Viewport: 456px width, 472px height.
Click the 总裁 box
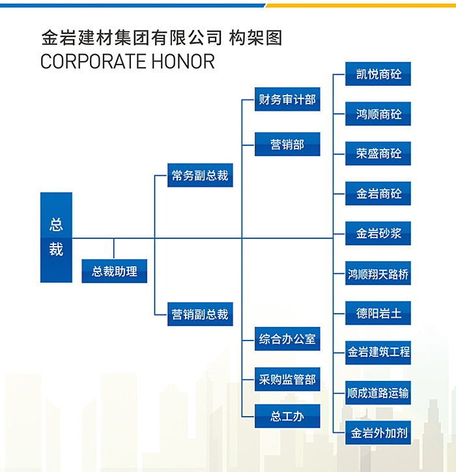56,237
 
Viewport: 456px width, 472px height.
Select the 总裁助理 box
115,271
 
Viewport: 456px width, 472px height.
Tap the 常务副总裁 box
200,175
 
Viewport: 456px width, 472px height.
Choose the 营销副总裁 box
200,314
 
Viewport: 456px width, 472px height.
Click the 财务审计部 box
287,100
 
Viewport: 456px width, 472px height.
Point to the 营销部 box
287,144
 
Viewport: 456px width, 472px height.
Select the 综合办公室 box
287,339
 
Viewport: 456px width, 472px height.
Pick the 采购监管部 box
287,380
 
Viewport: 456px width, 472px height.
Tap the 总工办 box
287,416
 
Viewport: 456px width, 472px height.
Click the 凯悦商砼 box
378,74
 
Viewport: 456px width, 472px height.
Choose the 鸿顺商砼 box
378,114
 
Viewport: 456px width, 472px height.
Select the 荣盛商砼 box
378,154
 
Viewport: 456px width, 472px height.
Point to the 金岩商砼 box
378,193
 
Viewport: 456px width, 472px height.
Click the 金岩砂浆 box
378,233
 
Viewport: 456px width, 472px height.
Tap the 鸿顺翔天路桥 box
378,273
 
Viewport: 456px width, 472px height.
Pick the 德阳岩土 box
378,313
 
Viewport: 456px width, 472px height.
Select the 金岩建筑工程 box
378,353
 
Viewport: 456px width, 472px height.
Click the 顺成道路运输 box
378,393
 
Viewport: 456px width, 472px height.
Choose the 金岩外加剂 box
378,432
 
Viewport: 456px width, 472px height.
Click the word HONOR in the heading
183,61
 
